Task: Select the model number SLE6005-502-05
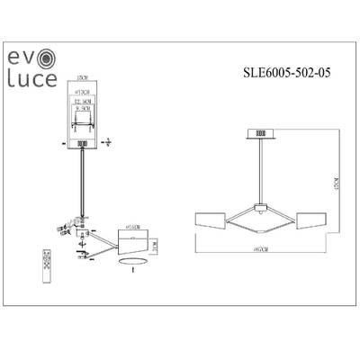pyautogui.click(x=290, y=76)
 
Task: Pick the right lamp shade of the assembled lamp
pyautogui.click(x=310, y=220)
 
